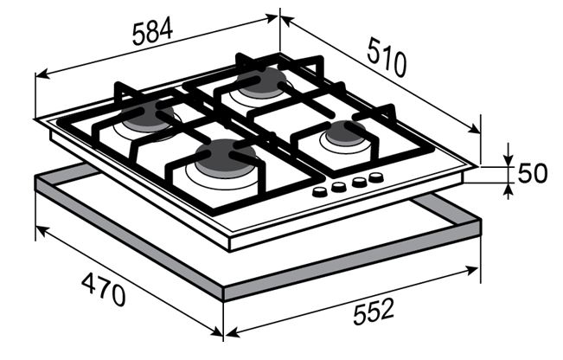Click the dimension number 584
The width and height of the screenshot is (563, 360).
coord(152,32)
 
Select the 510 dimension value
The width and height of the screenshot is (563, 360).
coord(387,59)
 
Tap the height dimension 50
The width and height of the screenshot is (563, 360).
coord(533,173)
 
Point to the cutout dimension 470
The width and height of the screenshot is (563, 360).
coord(104,290)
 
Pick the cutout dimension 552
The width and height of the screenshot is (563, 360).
coord(374,312)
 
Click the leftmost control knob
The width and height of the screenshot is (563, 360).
coord(319,192)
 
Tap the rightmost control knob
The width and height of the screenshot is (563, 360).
coord(376,177)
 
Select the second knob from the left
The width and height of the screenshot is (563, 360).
coord(339,187)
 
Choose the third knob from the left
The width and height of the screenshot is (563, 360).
coord(359,182)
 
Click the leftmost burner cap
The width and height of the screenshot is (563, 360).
coord(147,115)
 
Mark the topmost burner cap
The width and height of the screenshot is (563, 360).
coord(262,81)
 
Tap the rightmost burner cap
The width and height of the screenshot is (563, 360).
coord(345,133)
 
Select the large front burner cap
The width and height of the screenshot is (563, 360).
coord(227,158)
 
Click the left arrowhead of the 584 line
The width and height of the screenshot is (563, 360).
coord(41,74)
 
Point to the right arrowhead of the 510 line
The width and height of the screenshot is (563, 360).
coord(474,129)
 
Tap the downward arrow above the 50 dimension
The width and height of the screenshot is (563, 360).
coord(508,159)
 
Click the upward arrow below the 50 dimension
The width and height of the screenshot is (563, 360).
coord(508,190)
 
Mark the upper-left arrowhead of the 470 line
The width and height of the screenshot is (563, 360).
coord(42,231)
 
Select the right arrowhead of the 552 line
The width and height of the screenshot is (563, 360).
coord(473,269)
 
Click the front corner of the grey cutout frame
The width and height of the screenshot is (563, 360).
coord(224,293)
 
